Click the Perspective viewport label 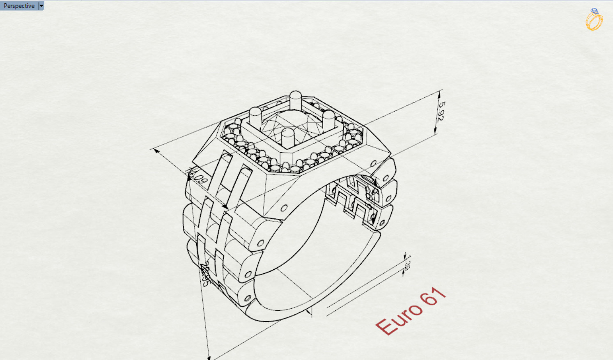click(x=19, y=6)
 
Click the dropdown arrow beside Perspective click(x=41, y=6)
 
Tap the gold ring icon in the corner click(x=594, y=20)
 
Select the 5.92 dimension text click(x=441, y=111)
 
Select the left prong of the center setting click(x=255, y=117)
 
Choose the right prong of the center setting click(x=329, y=119)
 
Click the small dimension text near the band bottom click(x=407, y=265)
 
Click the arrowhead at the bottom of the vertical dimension click(x=209, y=357)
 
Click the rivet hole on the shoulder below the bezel click(x=284, y=208)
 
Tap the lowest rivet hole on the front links click(x=248, y=298)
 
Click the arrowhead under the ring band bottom click(x=309, y=312)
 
